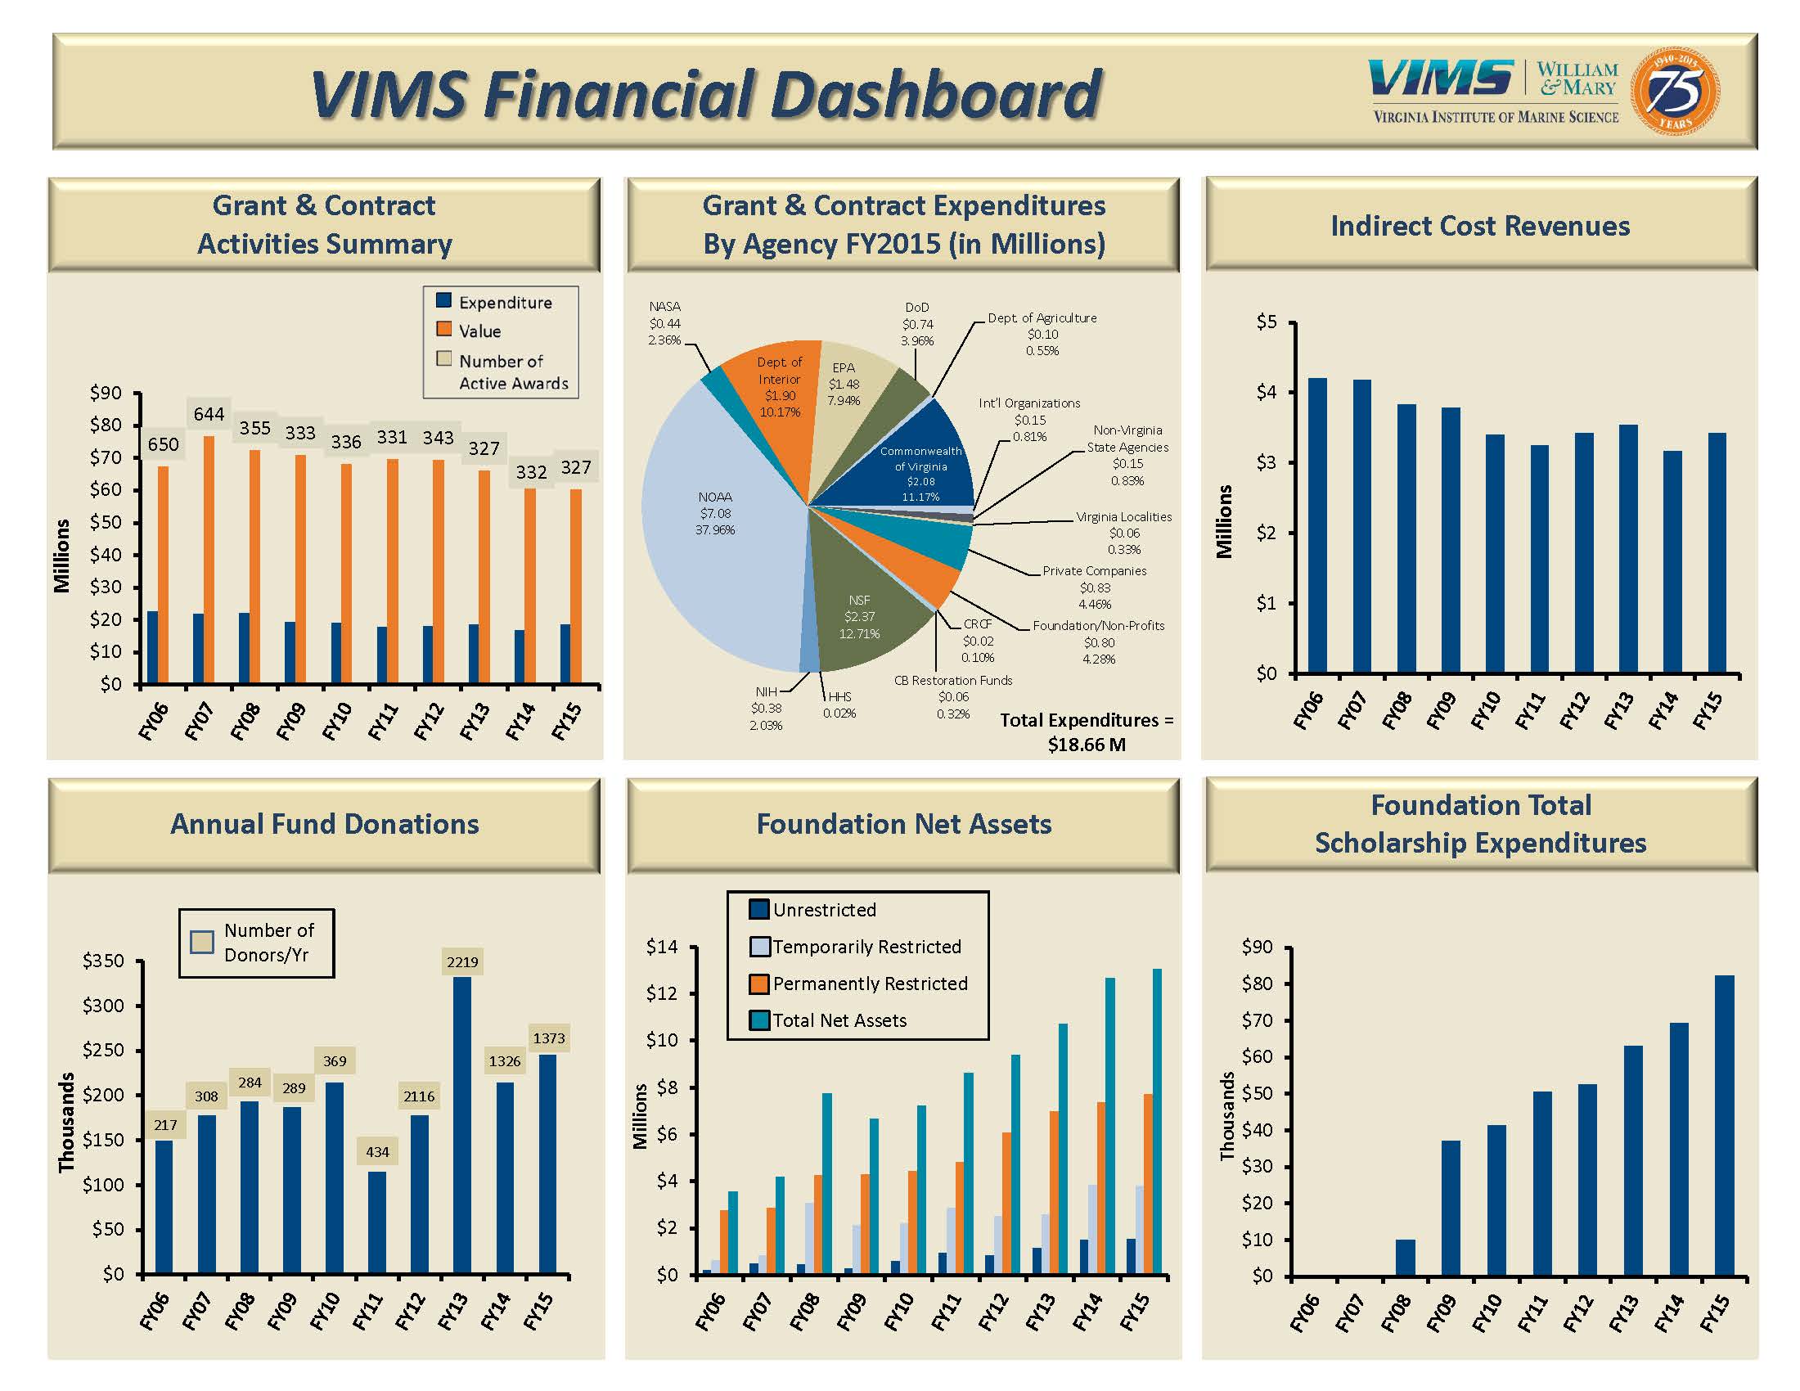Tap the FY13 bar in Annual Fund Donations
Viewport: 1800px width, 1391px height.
461,1125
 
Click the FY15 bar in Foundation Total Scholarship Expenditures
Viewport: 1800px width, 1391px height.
1724,1125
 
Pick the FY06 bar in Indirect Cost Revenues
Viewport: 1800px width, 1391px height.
1318,525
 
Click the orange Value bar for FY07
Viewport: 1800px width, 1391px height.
209,560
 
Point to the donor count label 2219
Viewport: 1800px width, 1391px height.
461,961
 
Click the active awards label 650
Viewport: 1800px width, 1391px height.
163,445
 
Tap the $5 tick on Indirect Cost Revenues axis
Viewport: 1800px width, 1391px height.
1267,322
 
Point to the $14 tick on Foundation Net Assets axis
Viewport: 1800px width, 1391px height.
663,947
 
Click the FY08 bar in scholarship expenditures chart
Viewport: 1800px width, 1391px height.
1405,1258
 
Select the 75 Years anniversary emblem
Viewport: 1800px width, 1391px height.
1675,91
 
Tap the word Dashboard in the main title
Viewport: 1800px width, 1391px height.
935,94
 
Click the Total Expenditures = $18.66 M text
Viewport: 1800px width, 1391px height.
1087,732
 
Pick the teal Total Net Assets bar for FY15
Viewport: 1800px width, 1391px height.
1157,1122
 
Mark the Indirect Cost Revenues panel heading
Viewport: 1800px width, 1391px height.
1480,226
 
